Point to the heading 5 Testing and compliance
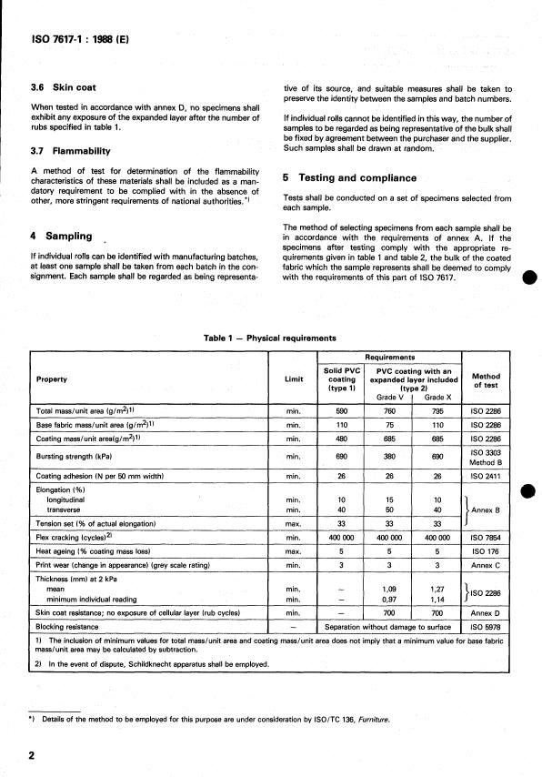click(x=349, y=178)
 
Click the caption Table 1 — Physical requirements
click(x=271, y=337)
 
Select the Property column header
click(x=52, y=378)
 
